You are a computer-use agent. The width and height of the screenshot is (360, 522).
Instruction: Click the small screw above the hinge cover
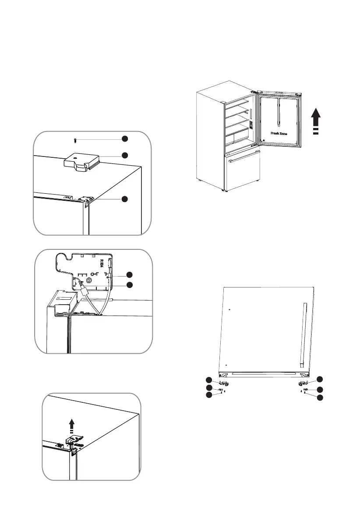pos(74,140)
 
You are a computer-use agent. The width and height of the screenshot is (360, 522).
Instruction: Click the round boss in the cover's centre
pos(89,279)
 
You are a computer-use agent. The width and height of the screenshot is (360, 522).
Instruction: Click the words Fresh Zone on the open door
pos(279,133)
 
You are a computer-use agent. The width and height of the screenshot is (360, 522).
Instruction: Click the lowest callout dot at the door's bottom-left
pos(209,395)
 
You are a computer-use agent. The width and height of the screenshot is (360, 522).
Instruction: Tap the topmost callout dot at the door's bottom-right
pos(320,379)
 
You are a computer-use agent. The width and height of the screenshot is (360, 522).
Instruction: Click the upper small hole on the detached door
pos(229,309)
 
